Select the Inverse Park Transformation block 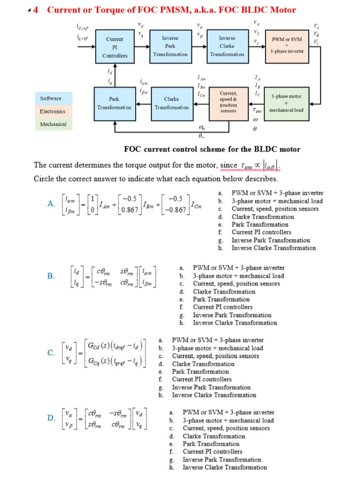click(170, 46)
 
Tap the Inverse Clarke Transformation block click(227, 46)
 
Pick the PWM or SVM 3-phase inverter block click(287, 45)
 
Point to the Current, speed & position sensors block click(228, 102)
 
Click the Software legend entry click(50, 99)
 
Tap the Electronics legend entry click(52, 111)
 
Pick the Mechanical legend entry click(53, 124)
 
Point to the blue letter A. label click(52, 203)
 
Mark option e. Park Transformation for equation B click(221, 299)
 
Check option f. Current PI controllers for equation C click(201, 379)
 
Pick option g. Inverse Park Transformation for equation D click(222, 460)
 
